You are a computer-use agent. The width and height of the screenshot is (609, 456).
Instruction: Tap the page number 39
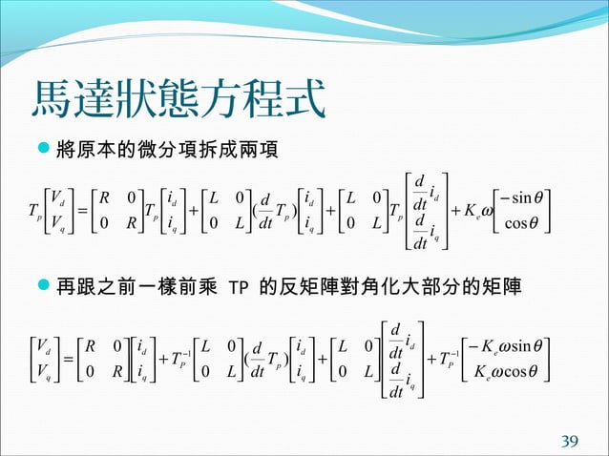tap(570, 440)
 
